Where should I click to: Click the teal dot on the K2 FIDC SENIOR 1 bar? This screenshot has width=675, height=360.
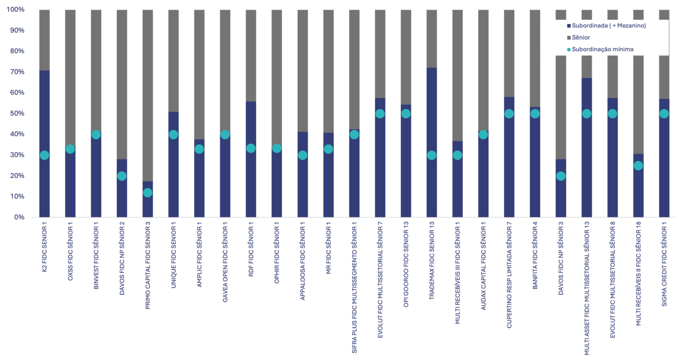[x=45, y=155]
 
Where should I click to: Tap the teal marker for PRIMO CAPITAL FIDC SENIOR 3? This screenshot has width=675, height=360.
[x=148, y=192]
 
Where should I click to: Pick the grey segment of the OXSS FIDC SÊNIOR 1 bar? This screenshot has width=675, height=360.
[x=70, y=77]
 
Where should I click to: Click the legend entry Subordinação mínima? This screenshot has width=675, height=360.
[x=602, y=49]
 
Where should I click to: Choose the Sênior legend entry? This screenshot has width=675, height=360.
[x=580, y=37]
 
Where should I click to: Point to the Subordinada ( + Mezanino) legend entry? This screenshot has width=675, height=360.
[x=609, y=26]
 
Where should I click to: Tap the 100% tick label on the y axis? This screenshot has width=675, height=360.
[x=15, y=9]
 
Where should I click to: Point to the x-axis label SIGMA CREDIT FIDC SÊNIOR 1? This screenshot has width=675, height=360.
[x=664, y=265]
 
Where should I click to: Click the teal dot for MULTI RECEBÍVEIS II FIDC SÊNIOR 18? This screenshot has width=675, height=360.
[x=638, y=166]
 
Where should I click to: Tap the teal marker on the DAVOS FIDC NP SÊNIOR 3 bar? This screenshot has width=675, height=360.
[x=561, y=176]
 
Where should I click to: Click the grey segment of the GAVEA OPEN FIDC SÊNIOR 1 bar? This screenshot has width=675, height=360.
[x=225, y=69]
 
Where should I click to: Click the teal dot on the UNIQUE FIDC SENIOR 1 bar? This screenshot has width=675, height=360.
[x=173, y=134]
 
